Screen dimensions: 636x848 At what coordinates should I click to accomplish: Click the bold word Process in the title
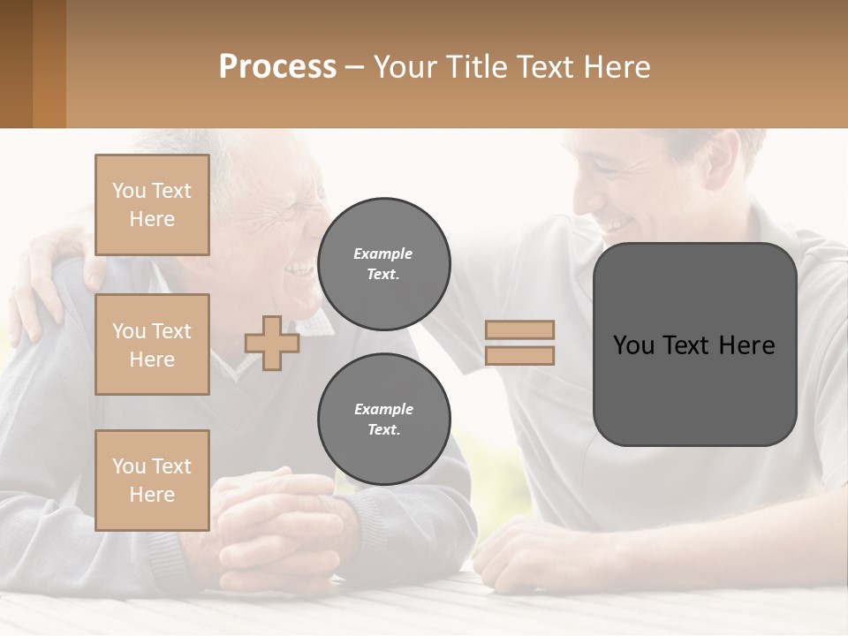tap(277, 66)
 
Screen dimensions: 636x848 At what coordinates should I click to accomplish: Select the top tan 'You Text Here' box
tap(152, 205)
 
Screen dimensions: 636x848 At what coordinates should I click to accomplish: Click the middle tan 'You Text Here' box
tap(152, 344)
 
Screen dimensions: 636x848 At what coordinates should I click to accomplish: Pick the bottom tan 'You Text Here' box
tap(152, 481)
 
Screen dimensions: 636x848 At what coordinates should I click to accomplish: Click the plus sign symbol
tap(272, 343)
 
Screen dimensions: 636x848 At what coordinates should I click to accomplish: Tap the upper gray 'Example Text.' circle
tap(383, 263)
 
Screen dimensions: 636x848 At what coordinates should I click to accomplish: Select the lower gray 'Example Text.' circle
tap(383, 419)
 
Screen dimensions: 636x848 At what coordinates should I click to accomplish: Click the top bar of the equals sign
tap(519, 329)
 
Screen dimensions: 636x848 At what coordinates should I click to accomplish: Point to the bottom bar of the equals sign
tap(519, 355)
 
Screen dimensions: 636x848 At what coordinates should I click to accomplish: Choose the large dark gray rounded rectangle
tap(694, 344)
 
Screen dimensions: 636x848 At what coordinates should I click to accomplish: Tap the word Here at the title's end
tap(617, 66)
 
